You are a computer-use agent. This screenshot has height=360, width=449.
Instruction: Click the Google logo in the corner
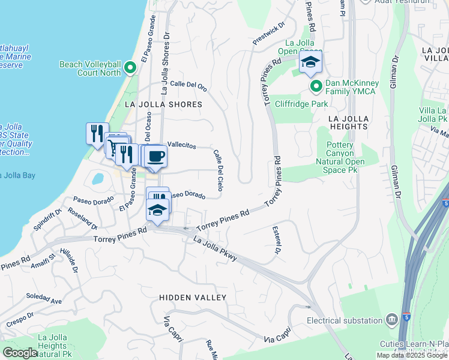[20, 353]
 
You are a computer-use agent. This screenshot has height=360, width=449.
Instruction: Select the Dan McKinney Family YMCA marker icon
[316, 87]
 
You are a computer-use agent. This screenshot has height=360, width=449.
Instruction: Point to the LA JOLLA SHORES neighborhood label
[163, 104]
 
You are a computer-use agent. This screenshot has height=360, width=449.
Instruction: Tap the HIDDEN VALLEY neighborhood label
[193, 298]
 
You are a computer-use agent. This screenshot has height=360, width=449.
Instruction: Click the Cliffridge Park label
[301, 104]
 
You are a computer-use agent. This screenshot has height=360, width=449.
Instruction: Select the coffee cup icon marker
[156, 157]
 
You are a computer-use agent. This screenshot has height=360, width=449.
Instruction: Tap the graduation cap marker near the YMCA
[311, 62]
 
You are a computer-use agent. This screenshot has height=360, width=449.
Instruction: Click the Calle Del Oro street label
[189, 86]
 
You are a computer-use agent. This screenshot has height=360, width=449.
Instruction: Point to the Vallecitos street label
[182, 145]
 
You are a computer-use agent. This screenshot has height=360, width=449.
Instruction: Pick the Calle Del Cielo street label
[218, 170]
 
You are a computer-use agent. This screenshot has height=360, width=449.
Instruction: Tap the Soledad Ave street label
[44, 297]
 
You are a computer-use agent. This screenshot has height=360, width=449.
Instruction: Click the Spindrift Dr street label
[49, 221]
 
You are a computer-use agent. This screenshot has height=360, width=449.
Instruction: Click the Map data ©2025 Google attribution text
[412, 355]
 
